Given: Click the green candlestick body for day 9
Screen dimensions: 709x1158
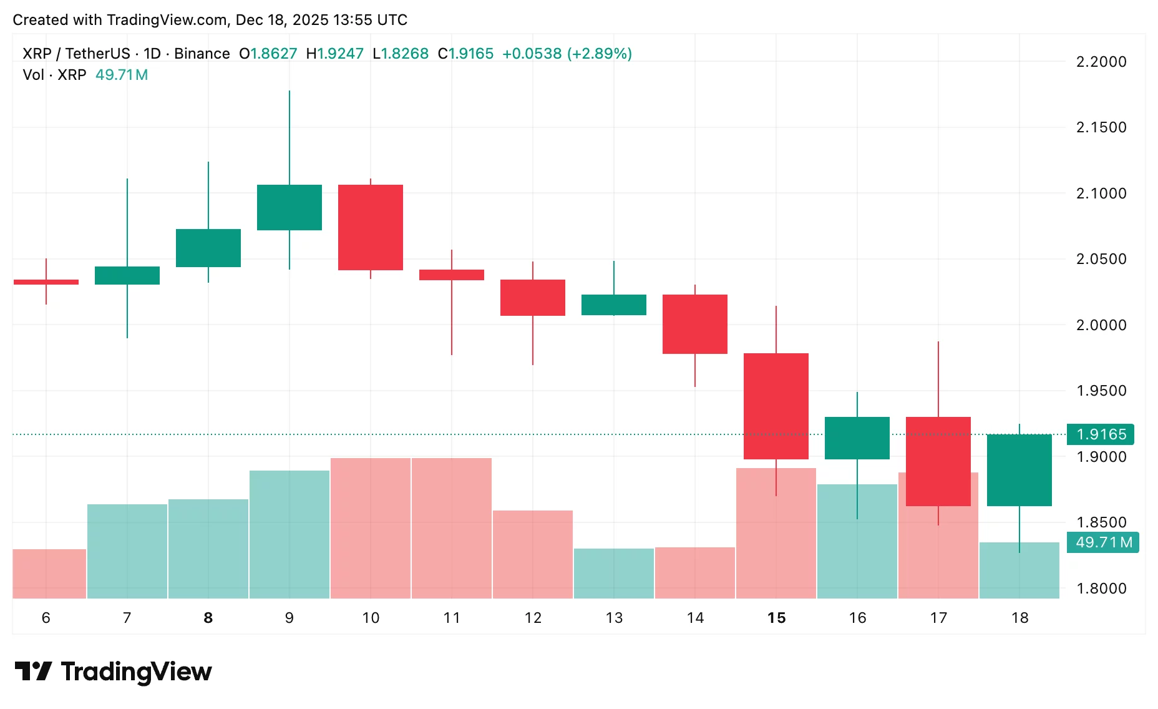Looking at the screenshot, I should click(x=289, y=207).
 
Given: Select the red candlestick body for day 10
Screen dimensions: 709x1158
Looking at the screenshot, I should click(x=371, y=227).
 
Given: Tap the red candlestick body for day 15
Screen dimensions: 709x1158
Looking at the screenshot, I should click(x=776, y=406).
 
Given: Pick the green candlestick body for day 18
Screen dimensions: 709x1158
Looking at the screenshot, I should click(x=1019, y=470).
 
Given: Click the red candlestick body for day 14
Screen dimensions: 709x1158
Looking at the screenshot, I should click(x=695, y=324).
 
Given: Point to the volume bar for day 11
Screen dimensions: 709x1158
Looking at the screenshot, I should click(x=452, y=528).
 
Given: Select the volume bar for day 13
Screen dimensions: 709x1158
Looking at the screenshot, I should click(x=614, y=573).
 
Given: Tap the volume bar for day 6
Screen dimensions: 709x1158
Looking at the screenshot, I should click(x=49, y=574).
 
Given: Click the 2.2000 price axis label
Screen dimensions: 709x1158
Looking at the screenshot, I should click(x=1101, y=62).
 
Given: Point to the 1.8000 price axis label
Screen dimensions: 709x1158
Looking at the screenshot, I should click(x=1101, y=589).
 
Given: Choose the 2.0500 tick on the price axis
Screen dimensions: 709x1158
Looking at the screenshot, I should click(x=1101, y=259).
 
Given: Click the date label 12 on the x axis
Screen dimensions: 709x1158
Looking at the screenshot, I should click(x=533, y=618).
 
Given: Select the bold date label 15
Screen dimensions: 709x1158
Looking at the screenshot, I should click(x=776, y=618).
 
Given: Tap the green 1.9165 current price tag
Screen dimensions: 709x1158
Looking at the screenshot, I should click(x=1101, y=434).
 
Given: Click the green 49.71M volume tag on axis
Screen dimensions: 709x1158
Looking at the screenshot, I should click(x=1104, y=542).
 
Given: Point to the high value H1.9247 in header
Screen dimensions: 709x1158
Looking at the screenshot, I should click(x=335, y=54).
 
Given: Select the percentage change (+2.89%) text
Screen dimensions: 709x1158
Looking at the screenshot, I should click(x=600, y=54).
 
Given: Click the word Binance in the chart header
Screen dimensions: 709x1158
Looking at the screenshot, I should click(x=202, y=54).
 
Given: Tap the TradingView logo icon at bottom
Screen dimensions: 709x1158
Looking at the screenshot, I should click(x=33, y=672).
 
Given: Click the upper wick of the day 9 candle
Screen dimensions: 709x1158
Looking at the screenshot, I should click(x=289, y=137).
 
